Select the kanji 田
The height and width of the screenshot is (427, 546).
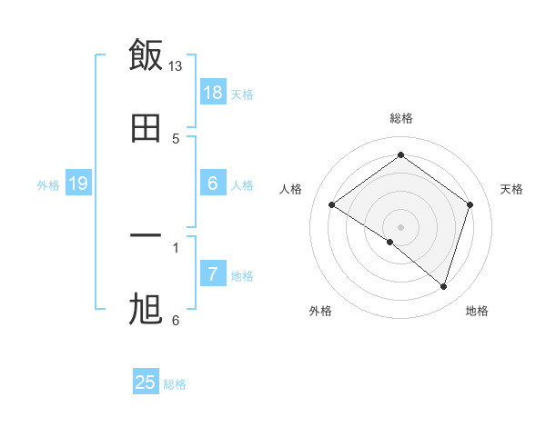[x=146, y=128]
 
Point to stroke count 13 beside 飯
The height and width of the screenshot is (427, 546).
[x=176, y=66]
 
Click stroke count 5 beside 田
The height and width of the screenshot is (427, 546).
[x=176, y=139]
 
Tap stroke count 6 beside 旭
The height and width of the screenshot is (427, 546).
[x=176, y=321]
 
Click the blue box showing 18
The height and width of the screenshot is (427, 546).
[x=213, y=93]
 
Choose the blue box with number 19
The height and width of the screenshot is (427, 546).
[x=78, y=184]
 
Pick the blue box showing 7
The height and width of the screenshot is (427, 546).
[x=213, y=274]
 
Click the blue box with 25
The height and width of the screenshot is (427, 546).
[x=146, y=382]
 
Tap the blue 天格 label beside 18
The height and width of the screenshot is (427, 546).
[x=242, y=94]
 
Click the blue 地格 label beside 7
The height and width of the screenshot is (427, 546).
[x=242, y=276]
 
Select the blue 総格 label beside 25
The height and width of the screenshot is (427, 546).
[x=175, y=384]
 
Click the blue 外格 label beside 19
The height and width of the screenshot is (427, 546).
[x=48, y=185]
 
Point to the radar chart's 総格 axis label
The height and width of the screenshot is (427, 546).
[x=401, y=118]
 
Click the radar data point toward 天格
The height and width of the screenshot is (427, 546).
[x=470, y=205]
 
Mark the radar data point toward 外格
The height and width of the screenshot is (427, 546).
[x=390, y=242]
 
